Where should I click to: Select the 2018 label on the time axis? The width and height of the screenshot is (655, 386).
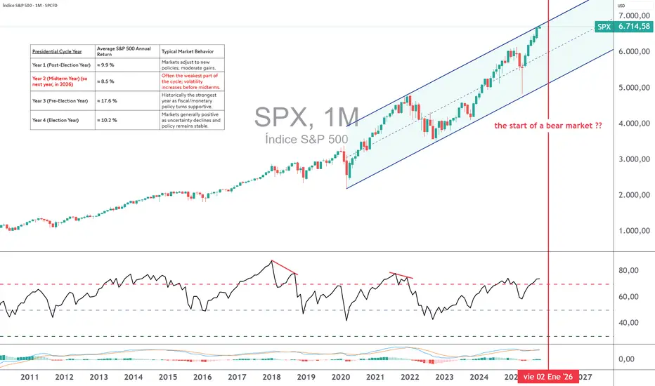(x=271, y=377)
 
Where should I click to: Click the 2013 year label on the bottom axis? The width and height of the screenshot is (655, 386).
(x=99, y=377)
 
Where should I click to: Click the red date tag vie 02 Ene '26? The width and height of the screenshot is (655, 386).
(x=547, y=377)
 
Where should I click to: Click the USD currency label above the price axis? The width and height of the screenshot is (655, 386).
(x=621, y=6)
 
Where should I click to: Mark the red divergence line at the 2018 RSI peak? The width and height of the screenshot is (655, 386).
(x=285, y=267)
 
